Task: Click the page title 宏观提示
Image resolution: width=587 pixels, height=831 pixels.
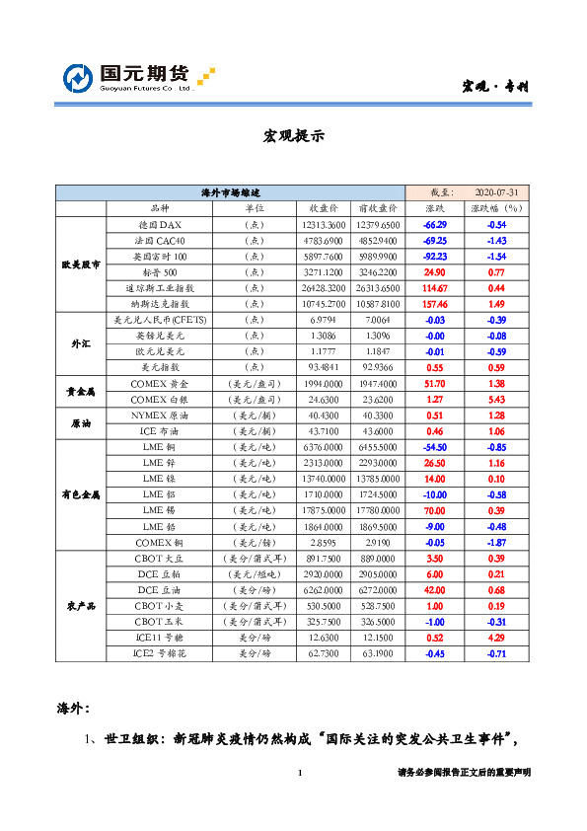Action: click(x=293, y=136)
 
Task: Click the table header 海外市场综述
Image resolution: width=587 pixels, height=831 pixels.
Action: click(x=232, y=191)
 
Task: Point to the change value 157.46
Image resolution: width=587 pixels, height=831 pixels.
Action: click(x=435, y=304)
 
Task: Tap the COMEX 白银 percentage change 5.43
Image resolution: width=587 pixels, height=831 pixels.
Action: click(x=497, y=399)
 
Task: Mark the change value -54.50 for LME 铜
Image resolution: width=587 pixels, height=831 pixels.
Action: click(x=435, y=446)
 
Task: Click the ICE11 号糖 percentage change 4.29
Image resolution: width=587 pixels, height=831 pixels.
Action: click(x=497, y=637)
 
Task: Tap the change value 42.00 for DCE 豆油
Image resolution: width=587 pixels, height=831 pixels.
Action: click(x=435, y=589)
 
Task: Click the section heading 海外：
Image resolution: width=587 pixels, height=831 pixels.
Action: click(x=75, y=708)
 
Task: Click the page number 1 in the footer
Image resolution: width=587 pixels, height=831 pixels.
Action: click(x=298, y=773)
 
